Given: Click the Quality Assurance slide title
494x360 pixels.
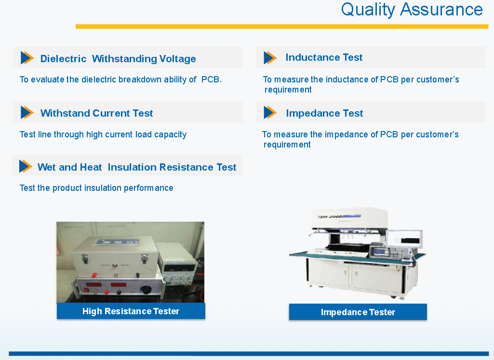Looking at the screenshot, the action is tap(412, 10).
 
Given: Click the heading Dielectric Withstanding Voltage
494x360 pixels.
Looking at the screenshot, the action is tap(118, 59).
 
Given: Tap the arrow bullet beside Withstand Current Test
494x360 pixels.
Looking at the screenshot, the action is tap(27, 112).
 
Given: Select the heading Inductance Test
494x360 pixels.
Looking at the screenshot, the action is tap(324, 57).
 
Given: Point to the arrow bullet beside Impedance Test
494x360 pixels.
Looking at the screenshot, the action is tap(270, 112).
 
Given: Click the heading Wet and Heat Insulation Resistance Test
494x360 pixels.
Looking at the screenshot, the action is tap(137, 167).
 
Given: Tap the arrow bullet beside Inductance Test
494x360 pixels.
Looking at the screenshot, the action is tap(270, 58).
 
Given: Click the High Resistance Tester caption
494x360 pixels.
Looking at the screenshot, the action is tap(131, 311).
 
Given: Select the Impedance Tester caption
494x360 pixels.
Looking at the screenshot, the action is tap(358, 312).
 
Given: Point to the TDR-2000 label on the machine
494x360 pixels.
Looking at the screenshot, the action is tap(330, 217).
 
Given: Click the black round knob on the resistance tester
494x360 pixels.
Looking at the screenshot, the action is tap(146, 289).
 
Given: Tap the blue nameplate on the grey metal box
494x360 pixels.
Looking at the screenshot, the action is tap(118, 242).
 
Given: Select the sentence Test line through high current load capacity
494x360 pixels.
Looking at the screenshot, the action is tap(103, 134).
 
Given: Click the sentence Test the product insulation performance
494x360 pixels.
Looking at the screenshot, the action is tap(96, 188).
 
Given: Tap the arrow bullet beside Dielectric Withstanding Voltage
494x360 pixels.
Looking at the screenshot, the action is tap(27, 58).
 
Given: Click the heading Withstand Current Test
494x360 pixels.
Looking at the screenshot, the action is tap(96, 113).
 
